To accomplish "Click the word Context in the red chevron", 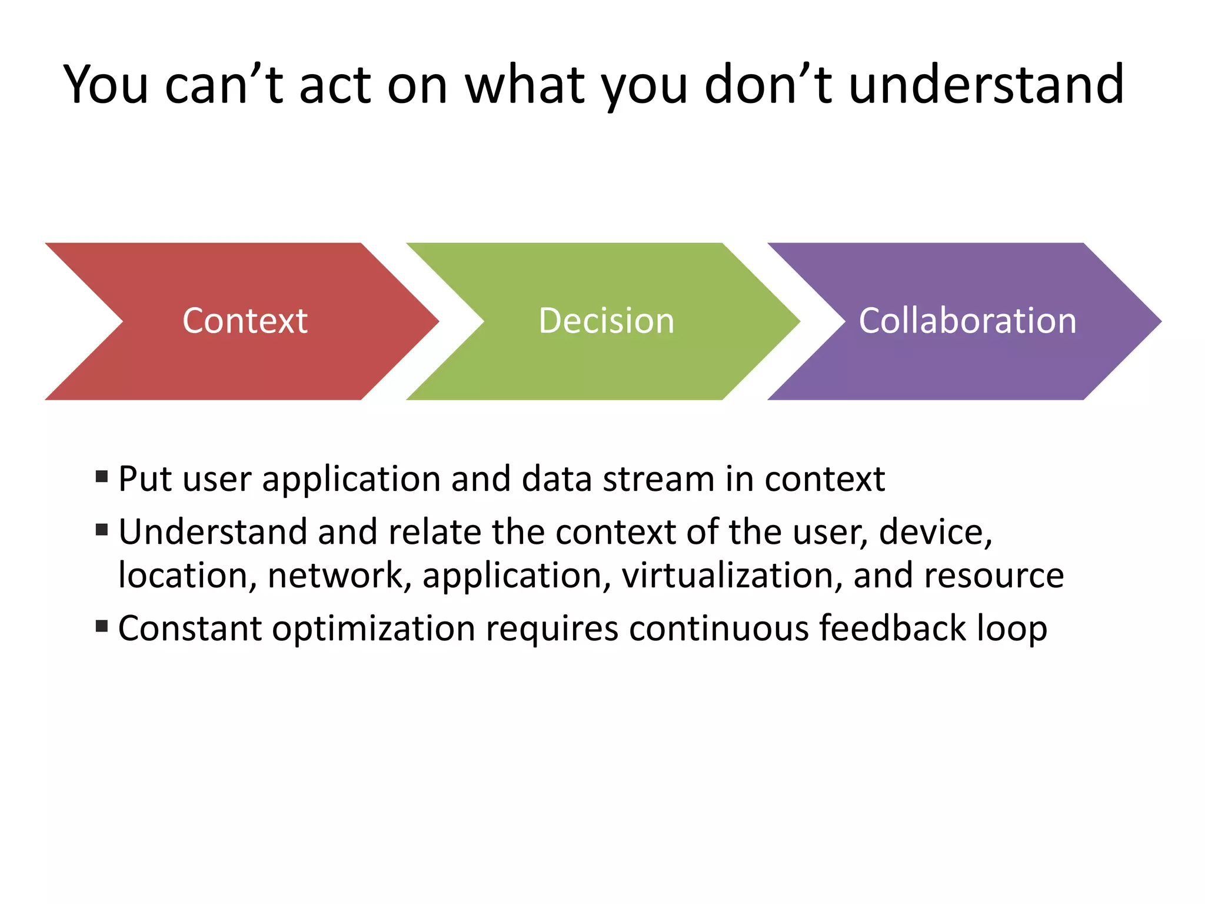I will (245, 321).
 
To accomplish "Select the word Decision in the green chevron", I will (606, 321).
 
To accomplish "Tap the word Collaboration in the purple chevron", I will (967, 321).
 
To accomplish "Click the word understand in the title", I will (986, 85).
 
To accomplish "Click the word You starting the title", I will (106, 85).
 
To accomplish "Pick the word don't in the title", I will (768, 85).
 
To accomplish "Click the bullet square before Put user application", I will (102, 476).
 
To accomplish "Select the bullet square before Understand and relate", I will (102, 530).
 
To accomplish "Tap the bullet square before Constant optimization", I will (102, 626).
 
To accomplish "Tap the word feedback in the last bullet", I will (892, 628).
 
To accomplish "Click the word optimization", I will (373, 629).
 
